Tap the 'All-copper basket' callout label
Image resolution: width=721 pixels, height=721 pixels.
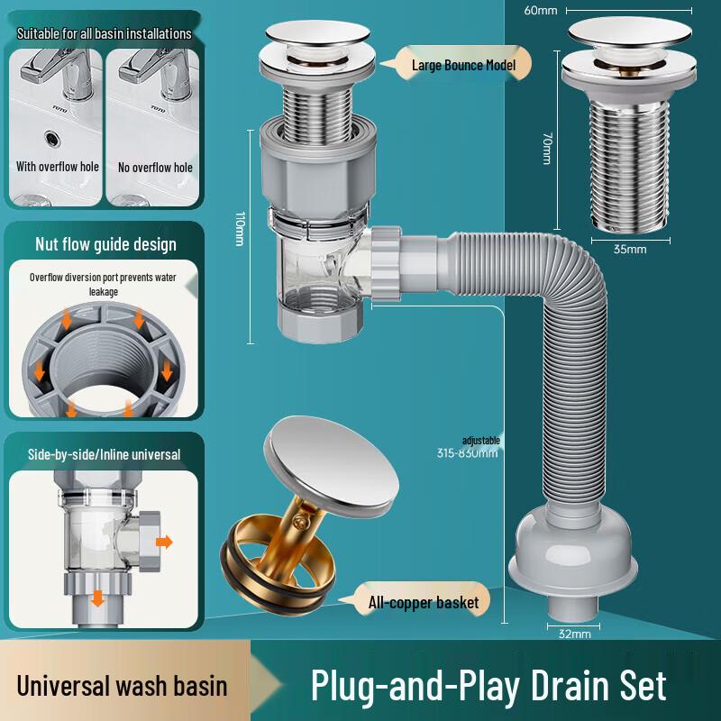[423, 601]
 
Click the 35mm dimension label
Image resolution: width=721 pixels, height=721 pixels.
[630, 249]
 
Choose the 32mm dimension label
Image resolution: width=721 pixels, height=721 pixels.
[574, 634]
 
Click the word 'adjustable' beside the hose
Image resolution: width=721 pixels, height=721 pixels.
[480, 441]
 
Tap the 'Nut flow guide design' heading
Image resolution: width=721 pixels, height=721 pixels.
[105, 244]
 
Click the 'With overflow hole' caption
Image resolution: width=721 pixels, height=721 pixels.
[58, 167]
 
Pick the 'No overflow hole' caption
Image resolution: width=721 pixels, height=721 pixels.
[155, 167]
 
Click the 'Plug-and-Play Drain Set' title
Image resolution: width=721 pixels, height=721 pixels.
[488, 685]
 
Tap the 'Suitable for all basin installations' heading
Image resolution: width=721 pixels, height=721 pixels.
[104, 33]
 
